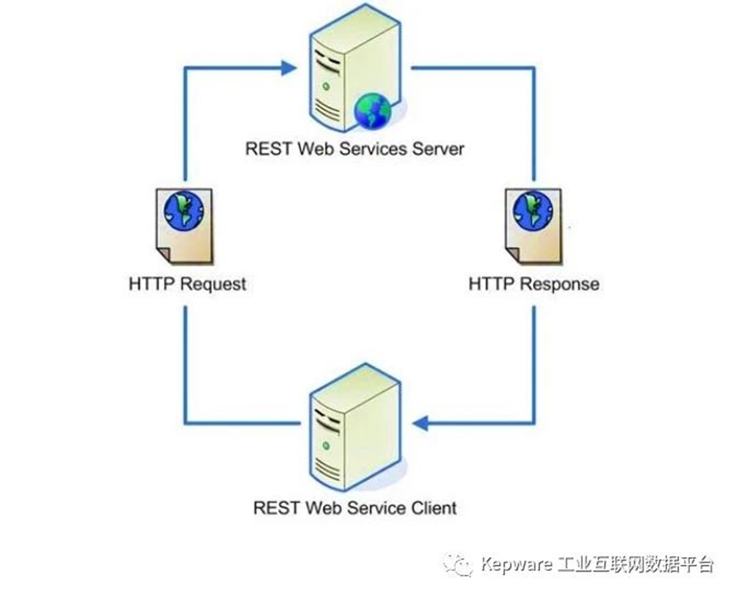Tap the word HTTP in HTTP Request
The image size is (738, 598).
(x=150, y=284)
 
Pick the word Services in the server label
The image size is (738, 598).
(x=371, y=148)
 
